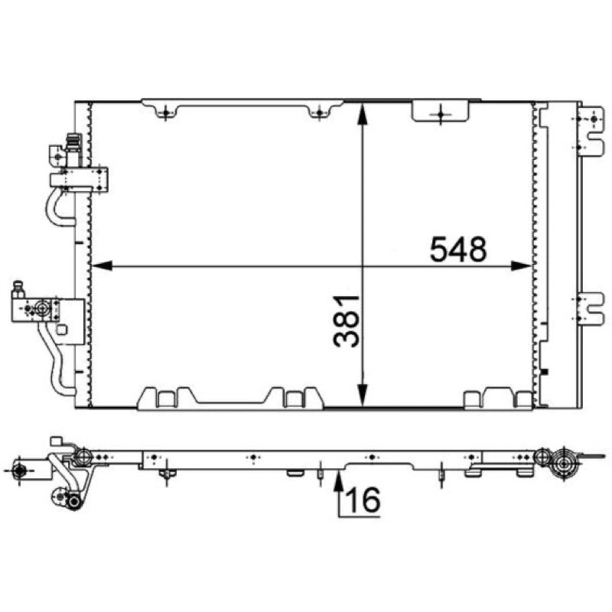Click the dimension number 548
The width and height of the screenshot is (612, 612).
pos(458,249)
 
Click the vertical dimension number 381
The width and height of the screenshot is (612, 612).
pos(346,321)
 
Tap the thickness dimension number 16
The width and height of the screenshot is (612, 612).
pos(363,500)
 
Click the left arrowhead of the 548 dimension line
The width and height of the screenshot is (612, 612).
pos(102,265)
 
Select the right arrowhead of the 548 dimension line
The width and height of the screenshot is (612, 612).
pos(521,265)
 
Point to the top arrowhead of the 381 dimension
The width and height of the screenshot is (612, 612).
pos(363,114)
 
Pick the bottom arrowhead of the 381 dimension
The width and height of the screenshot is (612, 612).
pos(363,395)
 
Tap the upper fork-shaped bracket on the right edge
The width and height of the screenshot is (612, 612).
pos(591,132)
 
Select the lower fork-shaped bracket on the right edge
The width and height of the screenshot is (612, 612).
pos(591,309)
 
